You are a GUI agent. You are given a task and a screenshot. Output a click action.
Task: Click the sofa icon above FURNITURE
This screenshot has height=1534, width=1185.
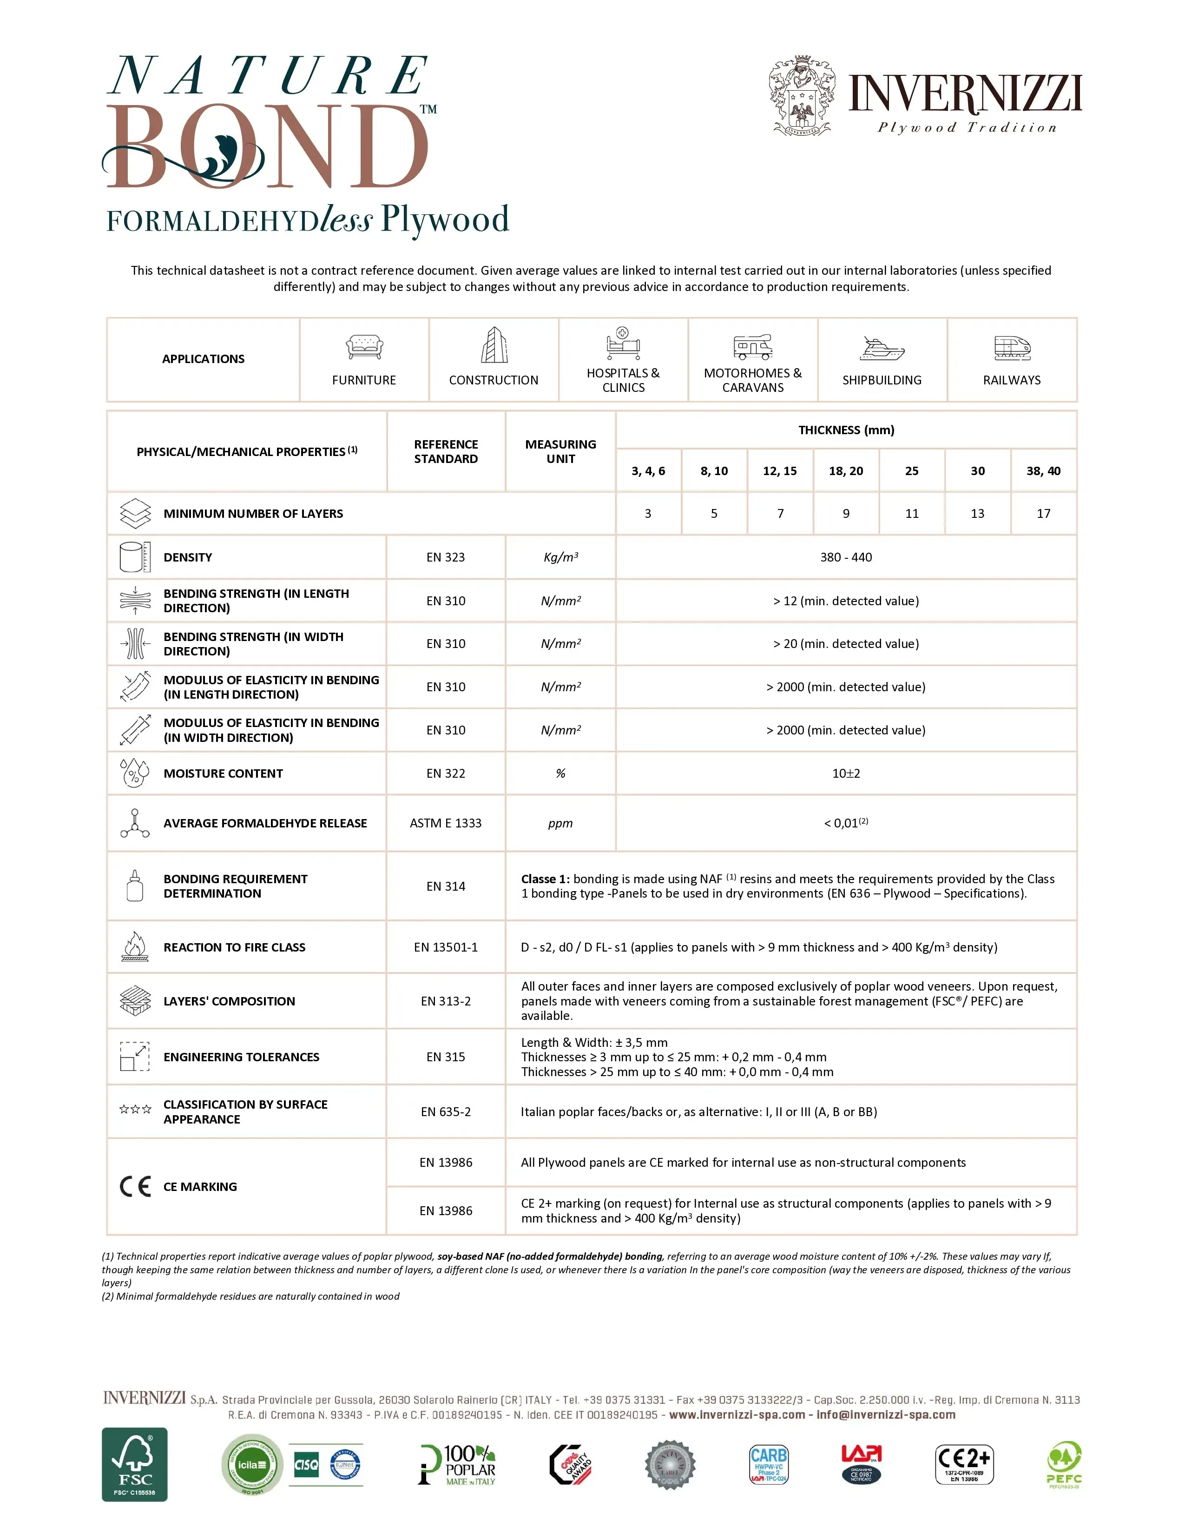[x=364, y=346]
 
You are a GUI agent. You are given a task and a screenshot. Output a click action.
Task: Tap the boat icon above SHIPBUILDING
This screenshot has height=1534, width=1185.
[x=882, y=348]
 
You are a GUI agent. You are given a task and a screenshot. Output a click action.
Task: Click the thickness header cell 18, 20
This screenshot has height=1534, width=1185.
[x=846, y=470]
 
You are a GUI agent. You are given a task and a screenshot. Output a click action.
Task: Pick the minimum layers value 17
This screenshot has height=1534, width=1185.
[x=1043, y=514]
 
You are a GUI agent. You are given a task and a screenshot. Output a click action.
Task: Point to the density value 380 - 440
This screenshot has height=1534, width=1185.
[x=846, y=557]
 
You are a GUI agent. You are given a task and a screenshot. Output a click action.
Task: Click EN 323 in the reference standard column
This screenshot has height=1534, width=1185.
[x=446, y=557]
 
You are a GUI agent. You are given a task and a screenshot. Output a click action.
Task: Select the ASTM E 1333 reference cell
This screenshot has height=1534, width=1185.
[x=446, y=823]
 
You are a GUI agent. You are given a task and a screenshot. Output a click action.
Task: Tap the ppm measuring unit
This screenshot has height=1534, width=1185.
[x=560, y=823]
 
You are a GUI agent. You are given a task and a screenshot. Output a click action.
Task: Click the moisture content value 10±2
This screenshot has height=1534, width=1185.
[x=846, y=774]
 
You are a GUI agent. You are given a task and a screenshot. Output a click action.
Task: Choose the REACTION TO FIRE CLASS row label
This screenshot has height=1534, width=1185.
[x=235, y=947]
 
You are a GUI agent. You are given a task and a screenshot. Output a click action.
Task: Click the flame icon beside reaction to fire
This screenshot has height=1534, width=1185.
[x=135, y=947]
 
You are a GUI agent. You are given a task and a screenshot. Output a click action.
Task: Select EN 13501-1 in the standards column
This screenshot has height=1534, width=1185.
[x=446, y=947]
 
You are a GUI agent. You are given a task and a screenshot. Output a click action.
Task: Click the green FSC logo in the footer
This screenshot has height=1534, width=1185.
[x=135, y=1464]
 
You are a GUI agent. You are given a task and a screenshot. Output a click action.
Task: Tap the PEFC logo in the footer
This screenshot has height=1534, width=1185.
[x=1064, y=1464]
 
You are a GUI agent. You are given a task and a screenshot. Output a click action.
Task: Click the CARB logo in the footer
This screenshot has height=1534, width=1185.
[x=769, y=1464]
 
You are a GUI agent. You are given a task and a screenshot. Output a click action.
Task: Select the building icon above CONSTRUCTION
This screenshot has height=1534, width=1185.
[x=494, y=345]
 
